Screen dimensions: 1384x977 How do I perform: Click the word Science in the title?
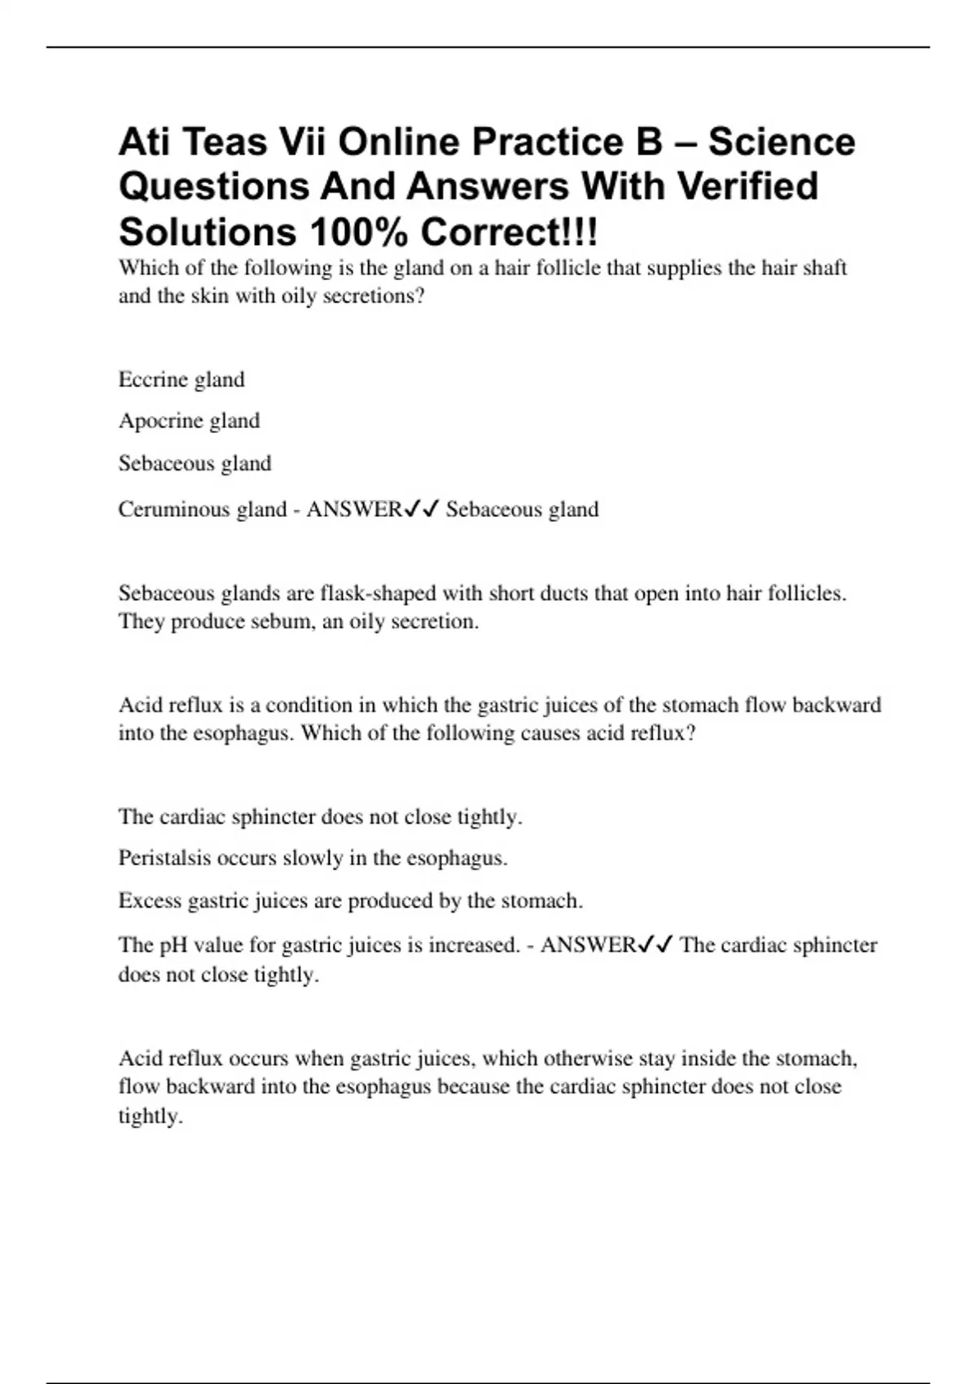781,142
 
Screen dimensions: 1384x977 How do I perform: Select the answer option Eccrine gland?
181,379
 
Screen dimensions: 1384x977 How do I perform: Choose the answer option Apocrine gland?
189,421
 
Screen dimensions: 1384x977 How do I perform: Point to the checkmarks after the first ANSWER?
422,509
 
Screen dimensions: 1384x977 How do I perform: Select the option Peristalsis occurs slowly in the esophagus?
313,858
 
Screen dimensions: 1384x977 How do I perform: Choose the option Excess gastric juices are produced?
350,901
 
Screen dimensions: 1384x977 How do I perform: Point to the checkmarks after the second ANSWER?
655,944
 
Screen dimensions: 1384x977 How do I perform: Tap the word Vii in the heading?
302,142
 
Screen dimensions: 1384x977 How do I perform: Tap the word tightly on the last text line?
150,1116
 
